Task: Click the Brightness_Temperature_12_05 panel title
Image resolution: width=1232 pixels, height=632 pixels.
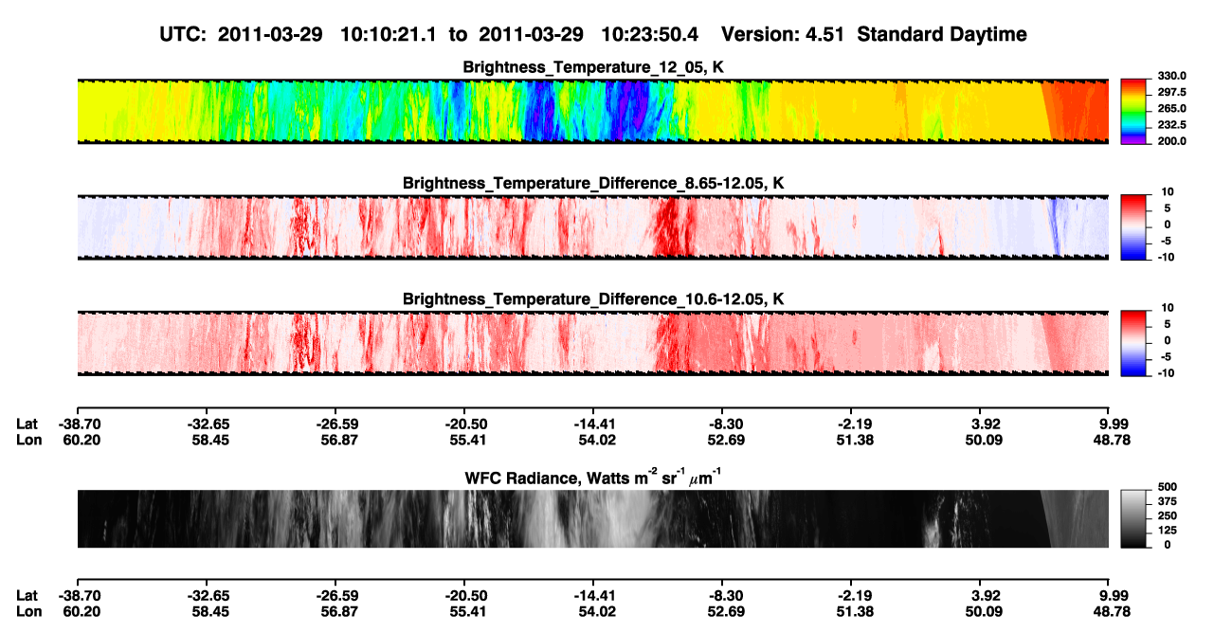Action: coord(593,67)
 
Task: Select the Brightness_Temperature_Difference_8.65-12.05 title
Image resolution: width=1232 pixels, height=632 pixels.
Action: coord(593,183)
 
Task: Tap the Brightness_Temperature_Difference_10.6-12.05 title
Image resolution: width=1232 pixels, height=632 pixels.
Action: coord(593,299)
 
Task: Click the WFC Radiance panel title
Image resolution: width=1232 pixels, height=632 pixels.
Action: coord(593,477)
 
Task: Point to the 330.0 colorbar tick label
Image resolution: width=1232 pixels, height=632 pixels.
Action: coord(1171,76)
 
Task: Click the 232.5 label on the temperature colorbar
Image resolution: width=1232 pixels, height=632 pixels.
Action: coord(1171,125)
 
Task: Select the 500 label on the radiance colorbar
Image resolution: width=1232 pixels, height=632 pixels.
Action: coord(1167,487)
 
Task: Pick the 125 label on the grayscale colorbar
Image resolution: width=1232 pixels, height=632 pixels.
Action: coord(1167,531)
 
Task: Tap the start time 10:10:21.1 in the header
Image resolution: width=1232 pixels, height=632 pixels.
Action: coord(389,34)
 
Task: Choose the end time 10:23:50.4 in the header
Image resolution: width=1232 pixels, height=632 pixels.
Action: coord(649,34)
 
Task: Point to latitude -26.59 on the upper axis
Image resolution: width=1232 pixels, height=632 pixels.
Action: coord(337,424)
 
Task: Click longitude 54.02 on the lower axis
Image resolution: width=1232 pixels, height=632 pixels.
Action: coord(597,611)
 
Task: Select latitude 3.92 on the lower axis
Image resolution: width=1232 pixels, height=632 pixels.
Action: coord(985,595)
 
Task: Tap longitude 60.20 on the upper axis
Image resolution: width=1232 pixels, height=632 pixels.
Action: coord(82,440)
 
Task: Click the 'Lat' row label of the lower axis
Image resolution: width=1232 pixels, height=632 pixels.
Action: coord(27,595)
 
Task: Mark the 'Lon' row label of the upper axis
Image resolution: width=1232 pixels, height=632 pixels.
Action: coord(28,440)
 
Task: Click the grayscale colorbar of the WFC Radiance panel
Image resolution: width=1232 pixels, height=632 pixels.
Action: coord(1133,518)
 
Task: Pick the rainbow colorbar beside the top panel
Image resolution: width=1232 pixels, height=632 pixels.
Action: coord(1133,112)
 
